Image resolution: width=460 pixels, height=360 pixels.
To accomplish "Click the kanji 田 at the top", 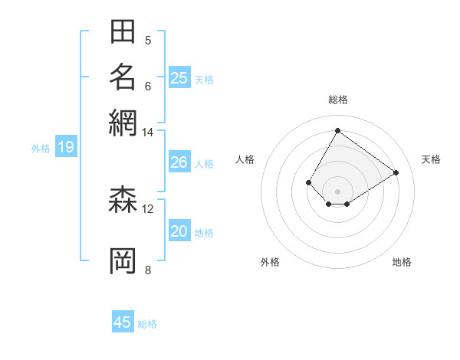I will (x=123, y=32).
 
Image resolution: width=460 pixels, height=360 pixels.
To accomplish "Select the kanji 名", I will (x=123, y=77).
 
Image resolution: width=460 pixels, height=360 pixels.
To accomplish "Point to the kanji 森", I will (x=123, y=201).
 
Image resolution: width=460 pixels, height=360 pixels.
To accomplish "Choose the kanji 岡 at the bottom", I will (x=123, y=260).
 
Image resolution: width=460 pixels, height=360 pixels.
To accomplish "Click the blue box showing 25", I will (x=179, y=78).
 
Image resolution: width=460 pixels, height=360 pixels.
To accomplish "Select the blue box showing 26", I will (x=179, y=162).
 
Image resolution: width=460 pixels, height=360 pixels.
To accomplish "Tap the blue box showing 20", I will (x=179, y=232).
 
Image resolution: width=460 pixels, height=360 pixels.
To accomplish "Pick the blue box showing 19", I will (x=66, y=147).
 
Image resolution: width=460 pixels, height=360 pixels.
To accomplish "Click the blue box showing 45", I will (x=123, y=322).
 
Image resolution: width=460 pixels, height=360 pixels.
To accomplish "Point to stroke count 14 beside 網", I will (x=148, y=133).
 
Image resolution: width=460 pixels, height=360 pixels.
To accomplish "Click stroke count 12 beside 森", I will (x=148, y=208).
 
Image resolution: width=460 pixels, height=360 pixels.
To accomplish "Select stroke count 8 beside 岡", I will (x=148, y=269).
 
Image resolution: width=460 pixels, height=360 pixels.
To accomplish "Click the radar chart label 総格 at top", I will (x=337, y=100).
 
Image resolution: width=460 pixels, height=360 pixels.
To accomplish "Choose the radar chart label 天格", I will (x=431, y=159).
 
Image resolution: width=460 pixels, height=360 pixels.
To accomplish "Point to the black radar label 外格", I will (x=270, y=262).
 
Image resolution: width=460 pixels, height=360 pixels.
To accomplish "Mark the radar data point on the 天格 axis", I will (x=396, y=173).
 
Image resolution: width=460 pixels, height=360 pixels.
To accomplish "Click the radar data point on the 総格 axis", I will (x=337, y=130).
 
